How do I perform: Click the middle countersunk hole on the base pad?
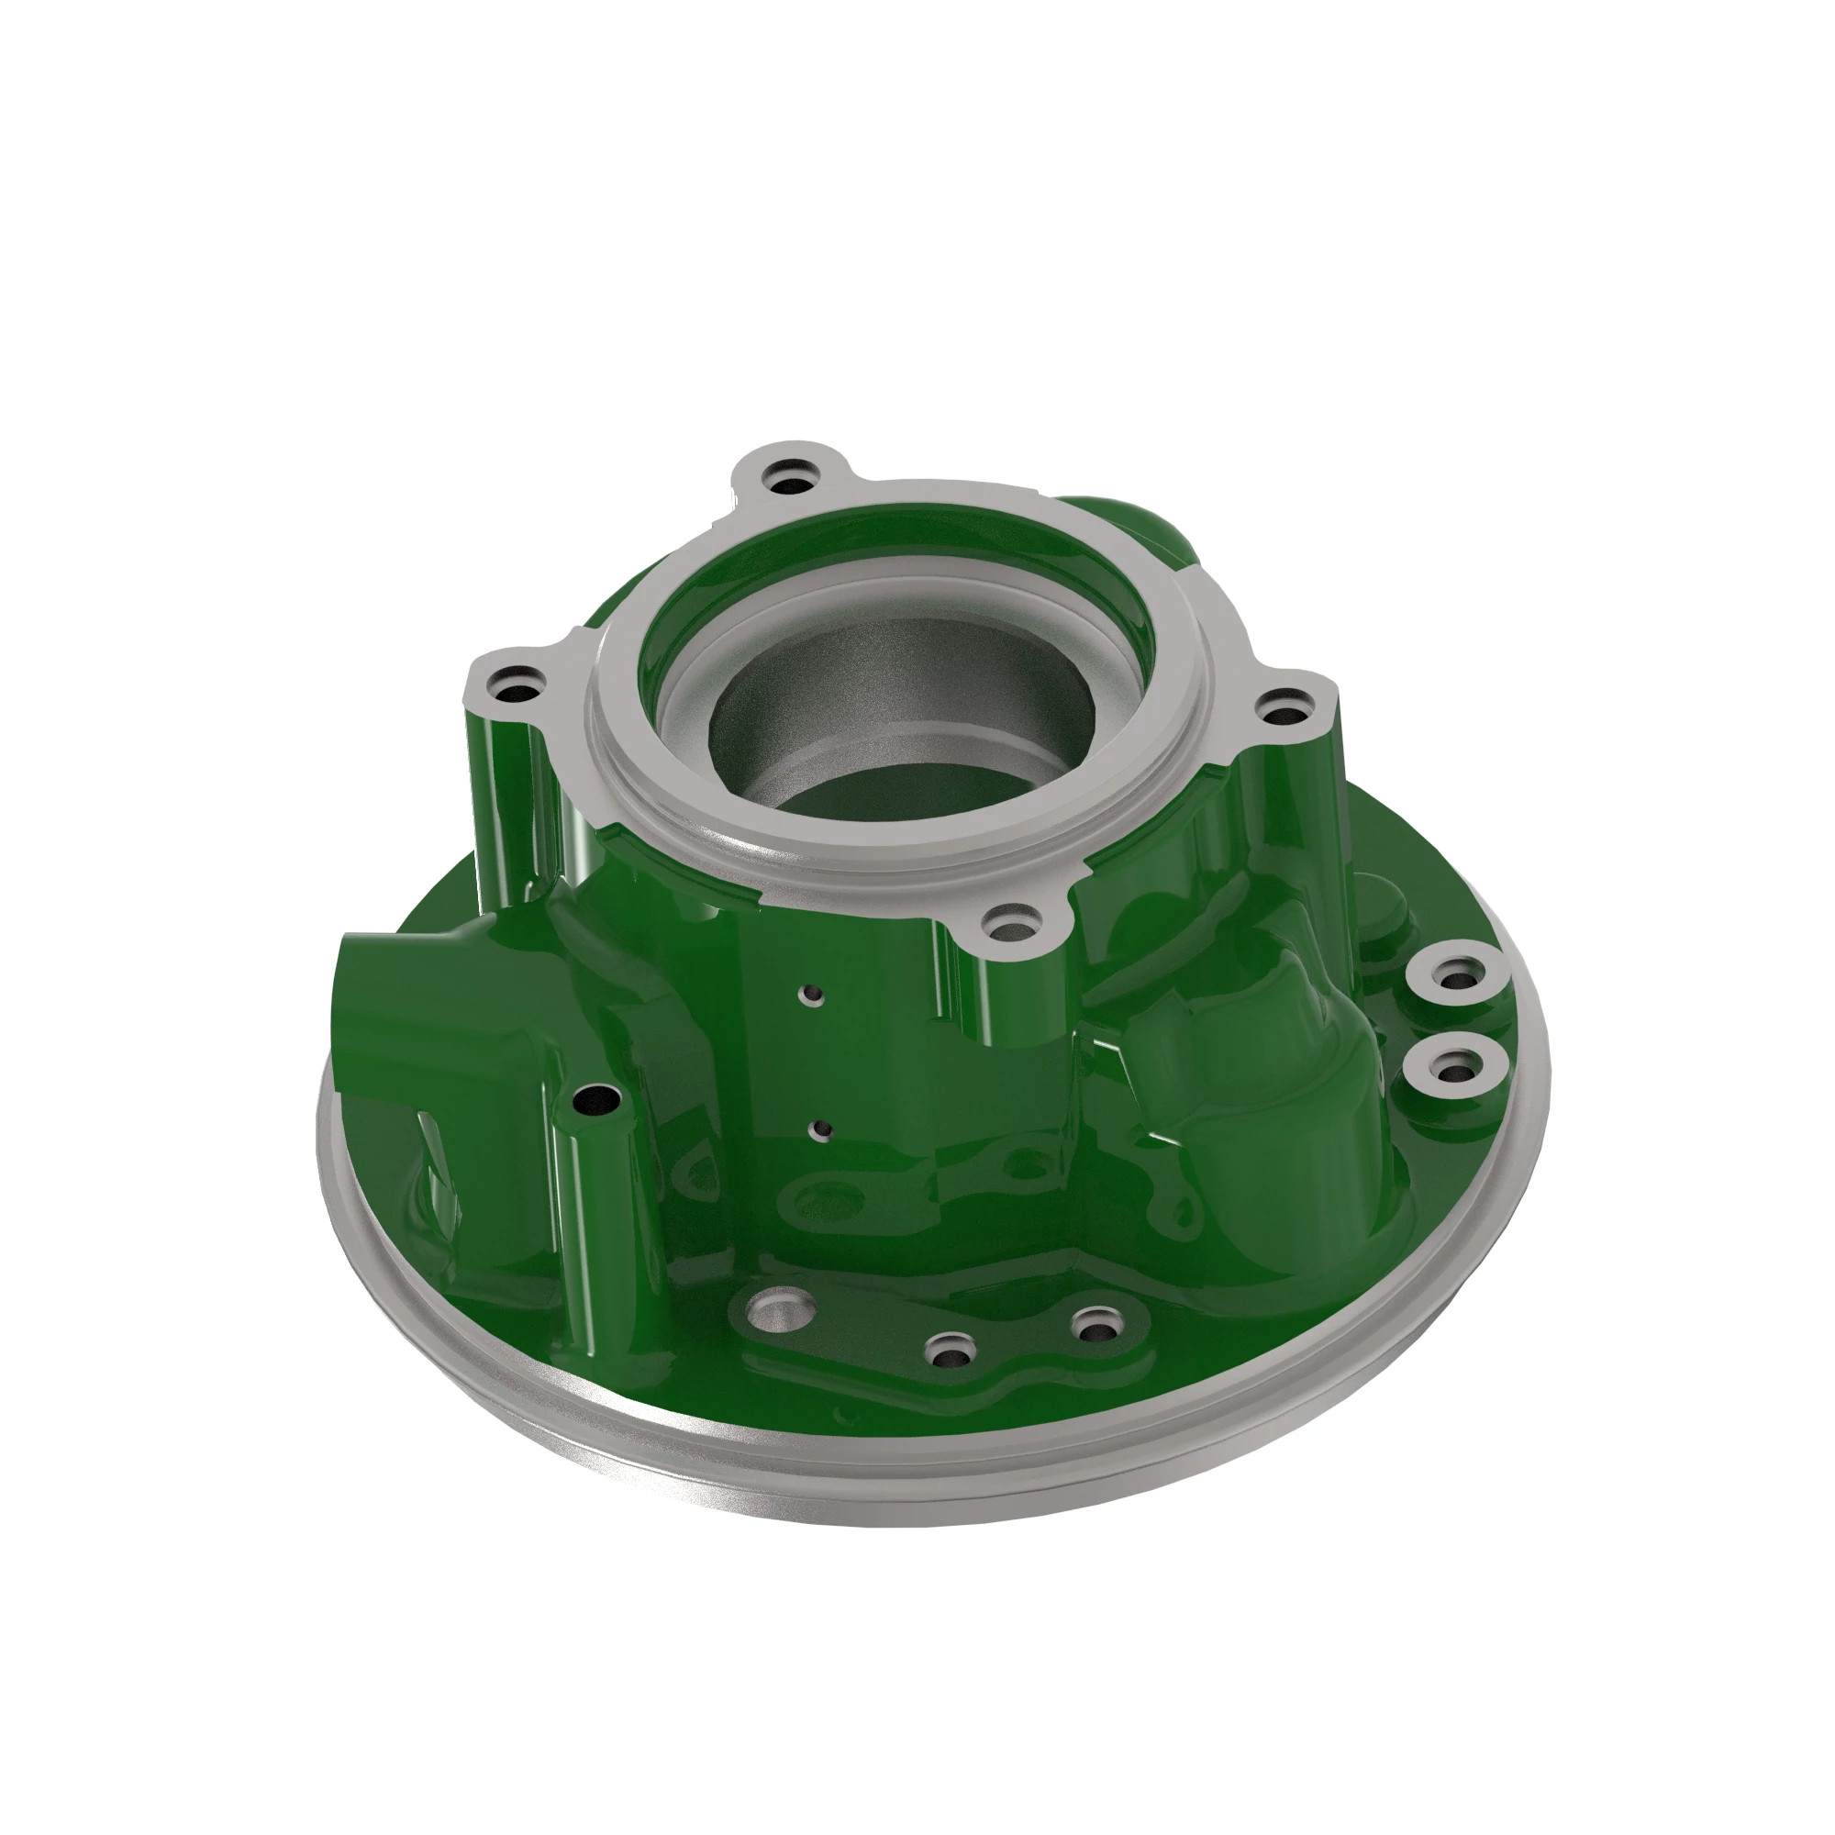[x=950, y=1350]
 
